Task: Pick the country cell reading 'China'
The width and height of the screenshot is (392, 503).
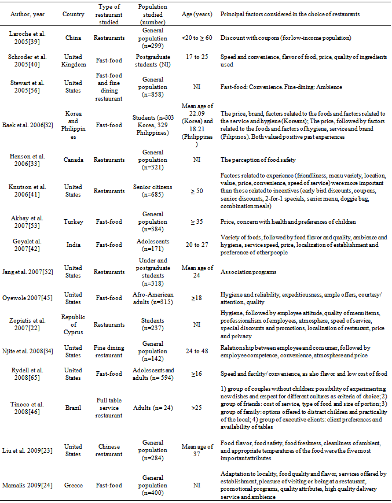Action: (x=74, y=38)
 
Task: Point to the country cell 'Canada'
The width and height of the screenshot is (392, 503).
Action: (x=74, y=159)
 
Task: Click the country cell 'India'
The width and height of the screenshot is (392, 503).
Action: (x=74, y=245)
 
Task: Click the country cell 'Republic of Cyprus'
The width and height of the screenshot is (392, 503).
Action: (x=74, y=325)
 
